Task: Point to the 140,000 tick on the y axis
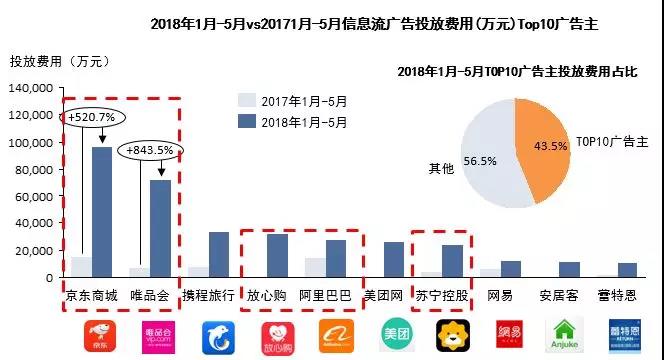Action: coord(34,89)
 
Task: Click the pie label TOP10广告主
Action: coord(613,143)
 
